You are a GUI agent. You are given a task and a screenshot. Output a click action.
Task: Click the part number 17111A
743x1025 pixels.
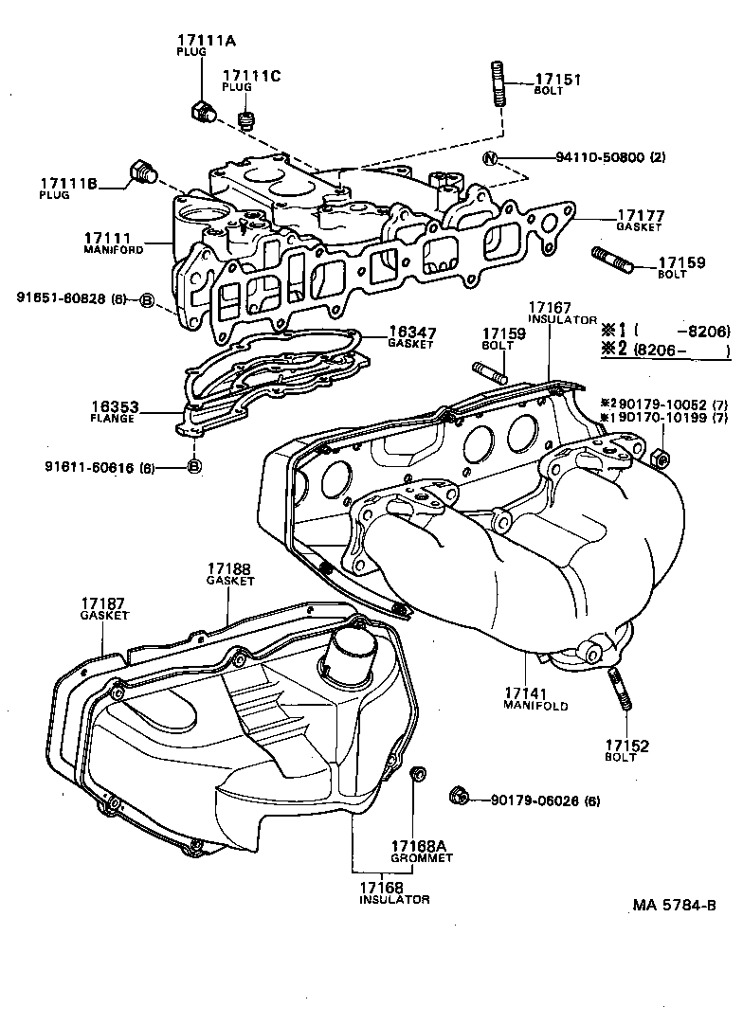206,40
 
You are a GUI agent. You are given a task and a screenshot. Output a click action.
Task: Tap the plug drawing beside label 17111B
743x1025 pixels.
140,172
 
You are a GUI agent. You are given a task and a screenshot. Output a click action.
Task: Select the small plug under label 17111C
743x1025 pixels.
246,120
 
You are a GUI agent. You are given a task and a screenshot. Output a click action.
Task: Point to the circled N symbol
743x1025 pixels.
490,158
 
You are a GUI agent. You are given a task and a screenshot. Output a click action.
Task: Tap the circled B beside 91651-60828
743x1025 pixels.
147,300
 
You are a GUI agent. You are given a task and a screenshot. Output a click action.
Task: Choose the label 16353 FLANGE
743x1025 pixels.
115,412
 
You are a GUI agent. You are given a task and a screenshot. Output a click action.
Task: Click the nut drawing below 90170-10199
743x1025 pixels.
661,459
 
